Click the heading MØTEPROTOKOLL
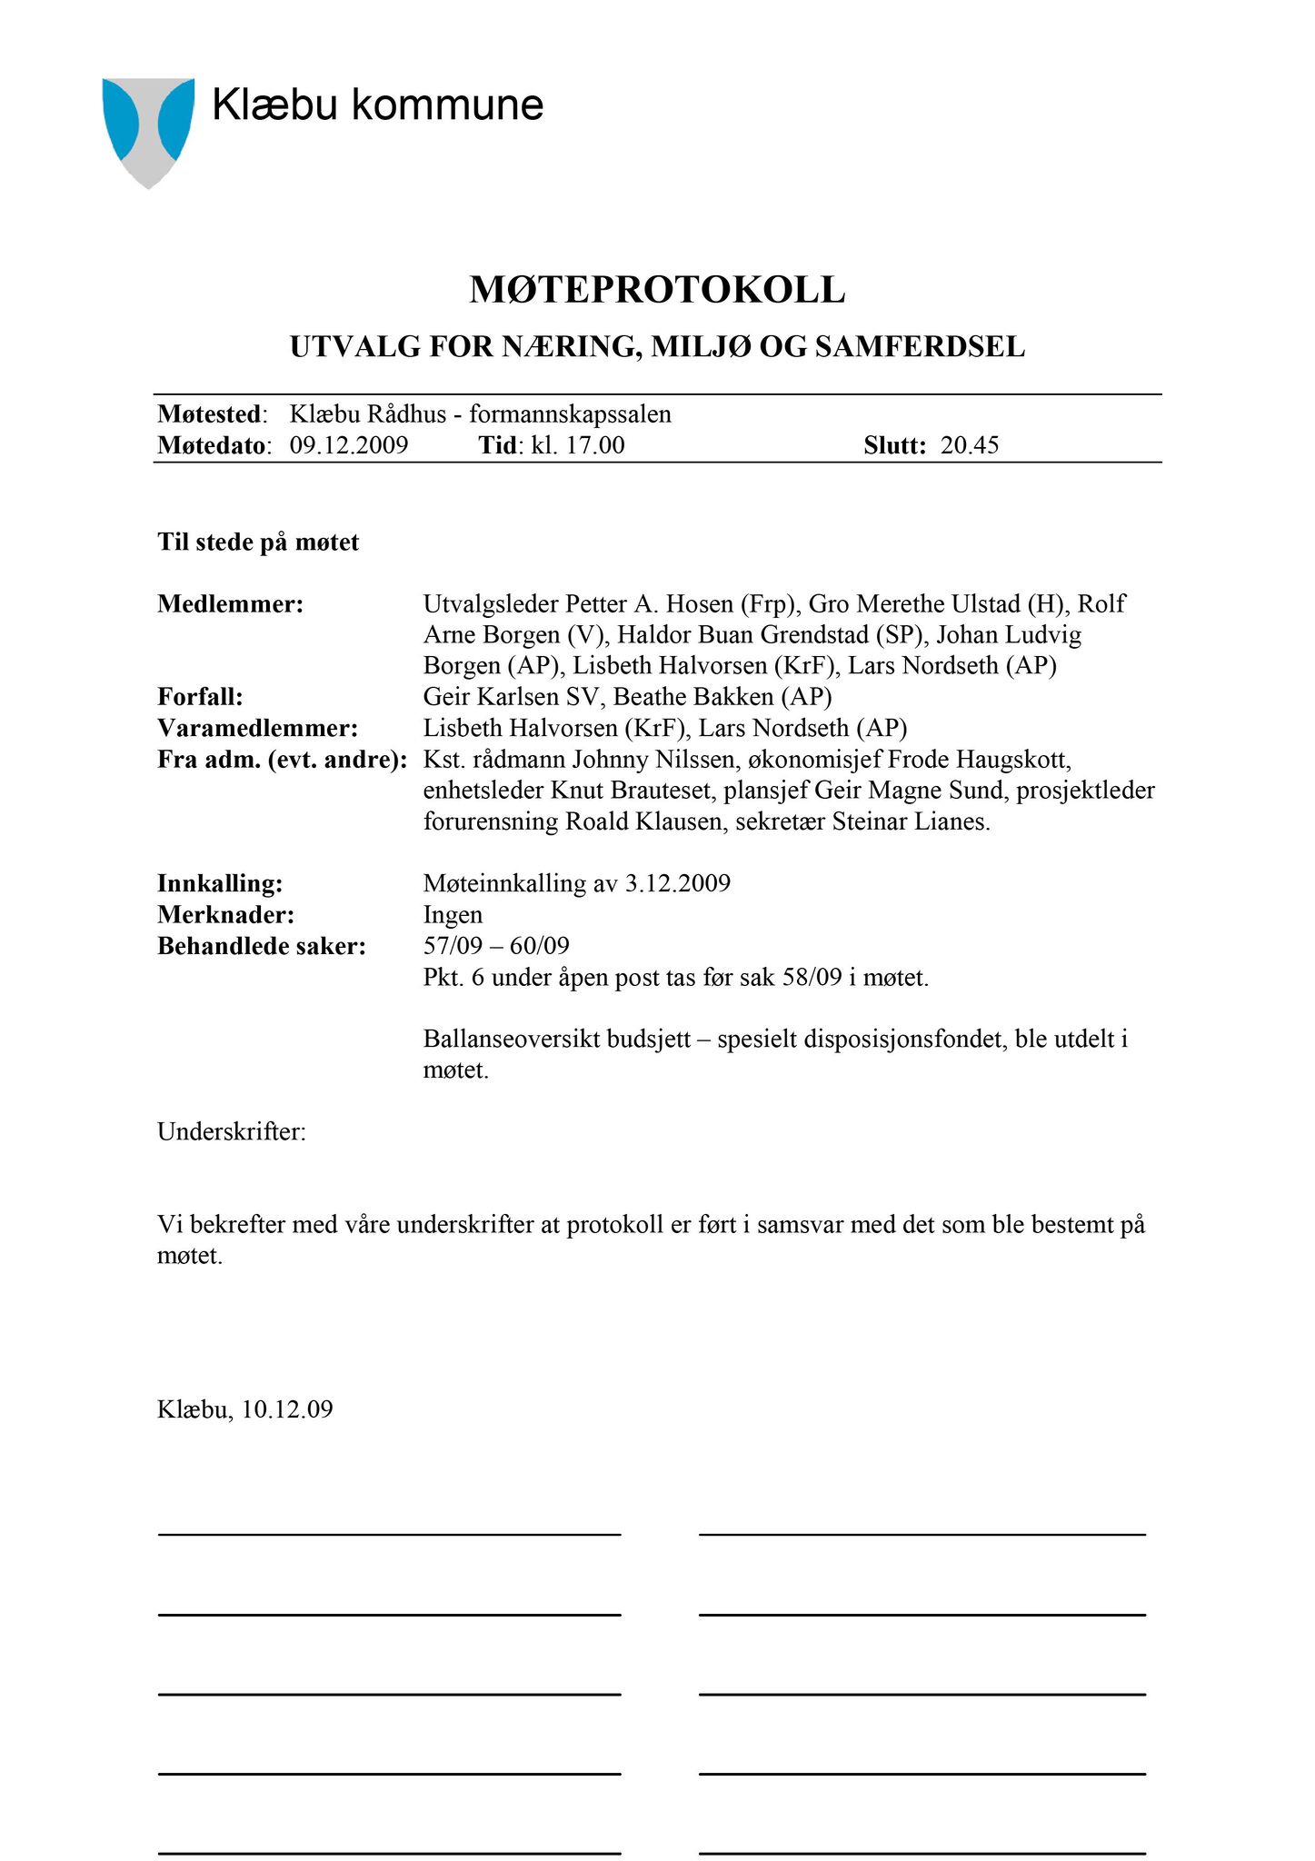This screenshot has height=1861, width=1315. [657, 290]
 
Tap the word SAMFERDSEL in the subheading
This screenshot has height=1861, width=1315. [920, 346]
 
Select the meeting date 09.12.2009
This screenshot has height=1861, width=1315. [349, 445]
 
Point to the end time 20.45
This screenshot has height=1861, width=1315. [970, 445]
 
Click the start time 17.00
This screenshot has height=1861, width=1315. [595, 445]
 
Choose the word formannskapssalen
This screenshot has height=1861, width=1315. [570, 414]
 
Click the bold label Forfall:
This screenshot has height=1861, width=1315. [200, 697]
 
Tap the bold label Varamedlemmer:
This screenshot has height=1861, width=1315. [257, 728]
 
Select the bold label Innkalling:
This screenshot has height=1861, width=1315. [220, 883]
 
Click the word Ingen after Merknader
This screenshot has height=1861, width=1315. [453, 914]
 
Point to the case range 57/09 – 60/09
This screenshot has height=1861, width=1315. [496, 946]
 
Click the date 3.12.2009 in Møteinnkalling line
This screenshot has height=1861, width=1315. [678, 883]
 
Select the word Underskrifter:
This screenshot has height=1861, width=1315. [232, 1132]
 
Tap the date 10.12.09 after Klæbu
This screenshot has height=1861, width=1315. [287, 1409]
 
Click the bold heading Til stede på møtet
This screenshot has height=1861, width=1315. [258, 542]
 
